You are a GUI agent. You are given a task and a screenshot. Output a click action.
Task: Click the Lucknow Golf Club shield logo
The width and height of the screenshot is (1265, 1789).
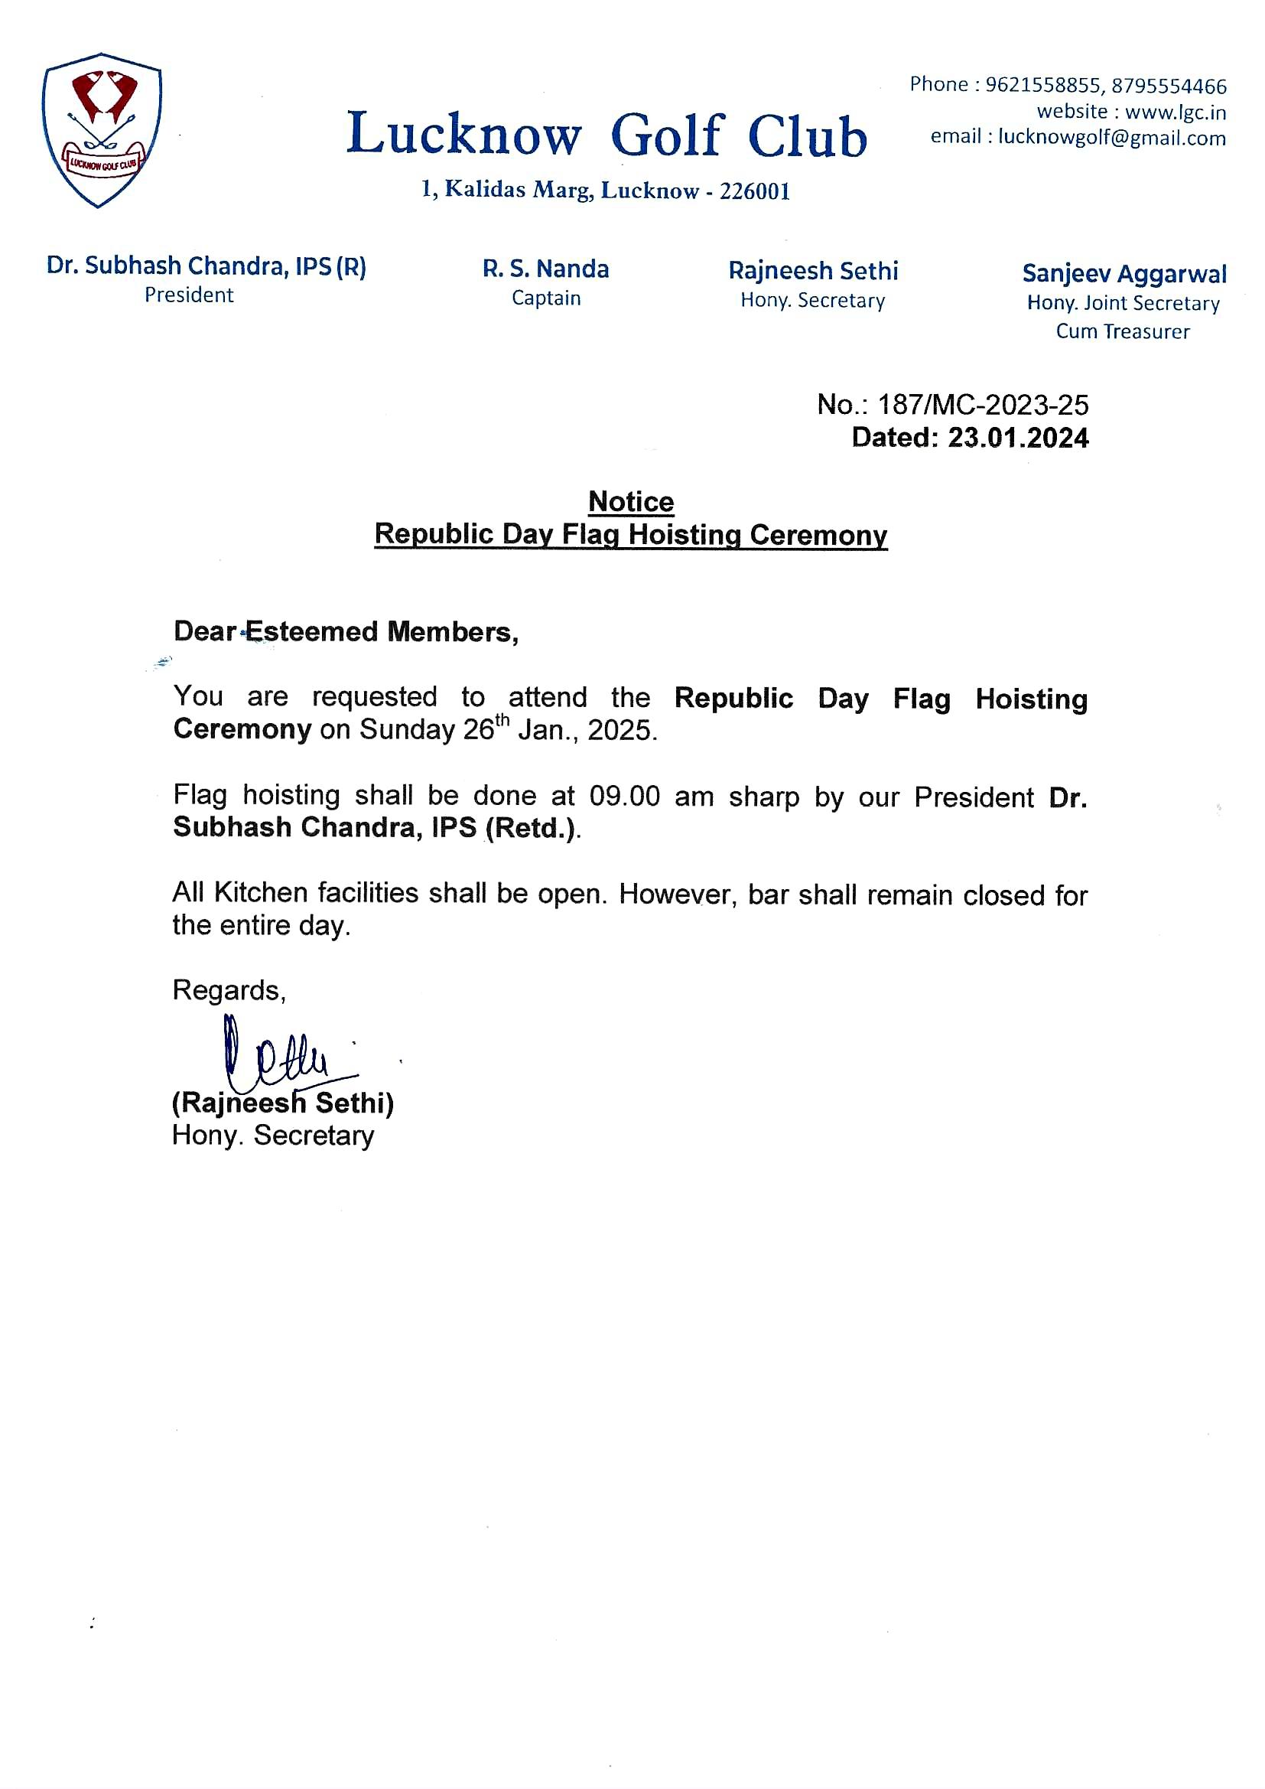coord(102,130)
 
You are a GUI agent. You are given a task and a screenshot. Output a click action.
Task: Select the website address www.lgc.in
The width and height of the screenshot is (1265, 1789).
coord(1176,112)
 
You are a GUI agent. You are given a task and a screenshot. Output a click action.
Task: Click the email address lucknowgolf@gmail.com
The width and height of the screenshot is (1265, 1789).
coord(1111,138)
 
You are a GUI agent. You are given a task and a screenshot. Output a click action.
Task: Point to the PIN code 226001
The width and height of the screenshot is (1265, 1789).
coord(755,191)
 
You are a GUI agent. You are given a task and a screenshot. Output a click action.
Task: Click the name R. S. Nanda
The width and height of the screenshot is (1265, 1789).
coord(545,269)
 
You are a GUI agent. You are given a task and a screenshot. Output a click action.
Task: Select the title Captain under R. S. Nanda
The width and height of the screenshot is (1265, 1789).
coord(546,298)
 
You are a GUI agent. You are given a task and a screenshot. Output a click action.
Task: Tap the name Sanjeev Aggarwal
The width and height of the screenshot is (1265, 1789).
coord(1124,274)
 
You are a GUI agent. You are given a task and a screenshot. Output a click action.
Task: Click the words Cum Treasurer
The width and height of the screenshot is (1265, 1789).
coord(1123,332)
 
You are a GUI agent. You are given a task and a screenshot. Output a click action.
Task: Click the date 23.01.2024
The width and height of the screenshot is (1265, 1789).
coord(1017,438)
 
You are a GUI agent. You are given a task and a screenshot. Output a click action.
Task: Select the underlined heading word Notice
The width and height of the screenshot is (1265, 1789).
coord(631,502)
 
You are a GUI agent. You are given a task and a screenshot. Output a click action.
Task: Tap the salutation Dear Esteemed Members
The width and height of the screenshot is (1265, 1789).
coord(346,632)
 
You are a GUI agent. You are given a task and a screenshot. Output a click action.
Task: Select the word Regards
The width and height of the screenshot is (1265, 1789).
coord(228,990)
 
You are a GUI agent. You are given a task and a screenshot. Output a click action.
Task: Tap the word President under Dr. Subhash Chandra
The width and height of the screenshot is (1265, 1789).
coord(189,295)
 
